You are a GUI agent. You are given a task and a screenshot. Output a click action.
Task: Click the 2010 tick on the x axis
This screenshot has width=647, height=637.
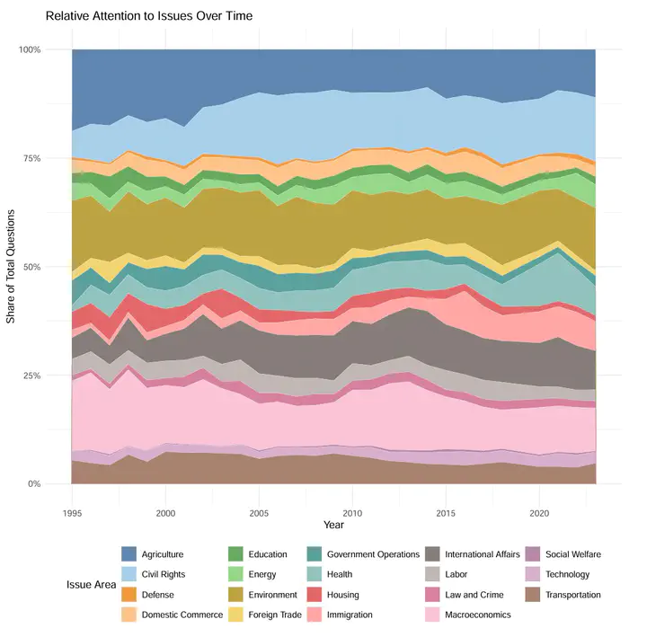[x=352, y=512]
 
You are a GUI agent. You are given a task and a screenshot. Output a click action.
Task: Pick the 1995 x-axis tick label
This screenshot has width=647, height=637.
[x=72, y=512]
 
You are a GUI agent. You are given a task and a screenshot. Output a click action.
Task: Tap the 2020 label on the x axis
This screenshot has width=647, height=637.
[x=539, y=512]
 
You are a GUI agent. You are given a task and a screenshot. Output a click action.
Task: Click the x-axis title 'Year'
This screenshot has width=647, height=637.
[x=333, y=524]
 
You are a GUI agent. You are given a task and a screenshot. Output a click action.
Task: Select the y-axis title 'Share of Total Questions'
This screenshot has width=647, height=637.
[x=12, y=266]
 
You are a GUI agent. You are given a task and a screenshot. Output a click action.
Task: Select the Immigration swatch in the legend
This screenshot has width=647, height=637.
[x=310, y=615]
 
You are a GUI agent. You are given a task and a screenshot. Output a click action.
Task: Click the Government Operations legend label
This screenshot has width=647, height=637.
[x=373, y=554]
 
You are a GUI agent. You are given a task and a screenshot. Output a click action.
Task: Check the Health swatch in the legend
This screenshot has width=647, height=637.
[x=310, y=574]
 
